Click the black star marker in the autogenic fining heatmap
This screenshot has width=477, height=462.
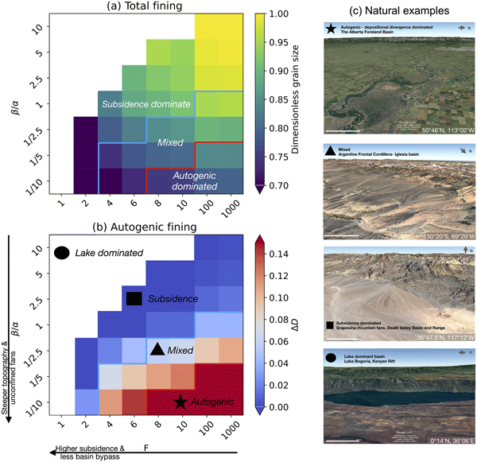181,402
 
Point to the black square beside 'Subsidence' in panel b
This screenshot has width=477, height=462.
134,298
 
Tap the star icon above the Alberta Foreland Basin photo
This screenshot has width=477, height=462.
330,28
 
